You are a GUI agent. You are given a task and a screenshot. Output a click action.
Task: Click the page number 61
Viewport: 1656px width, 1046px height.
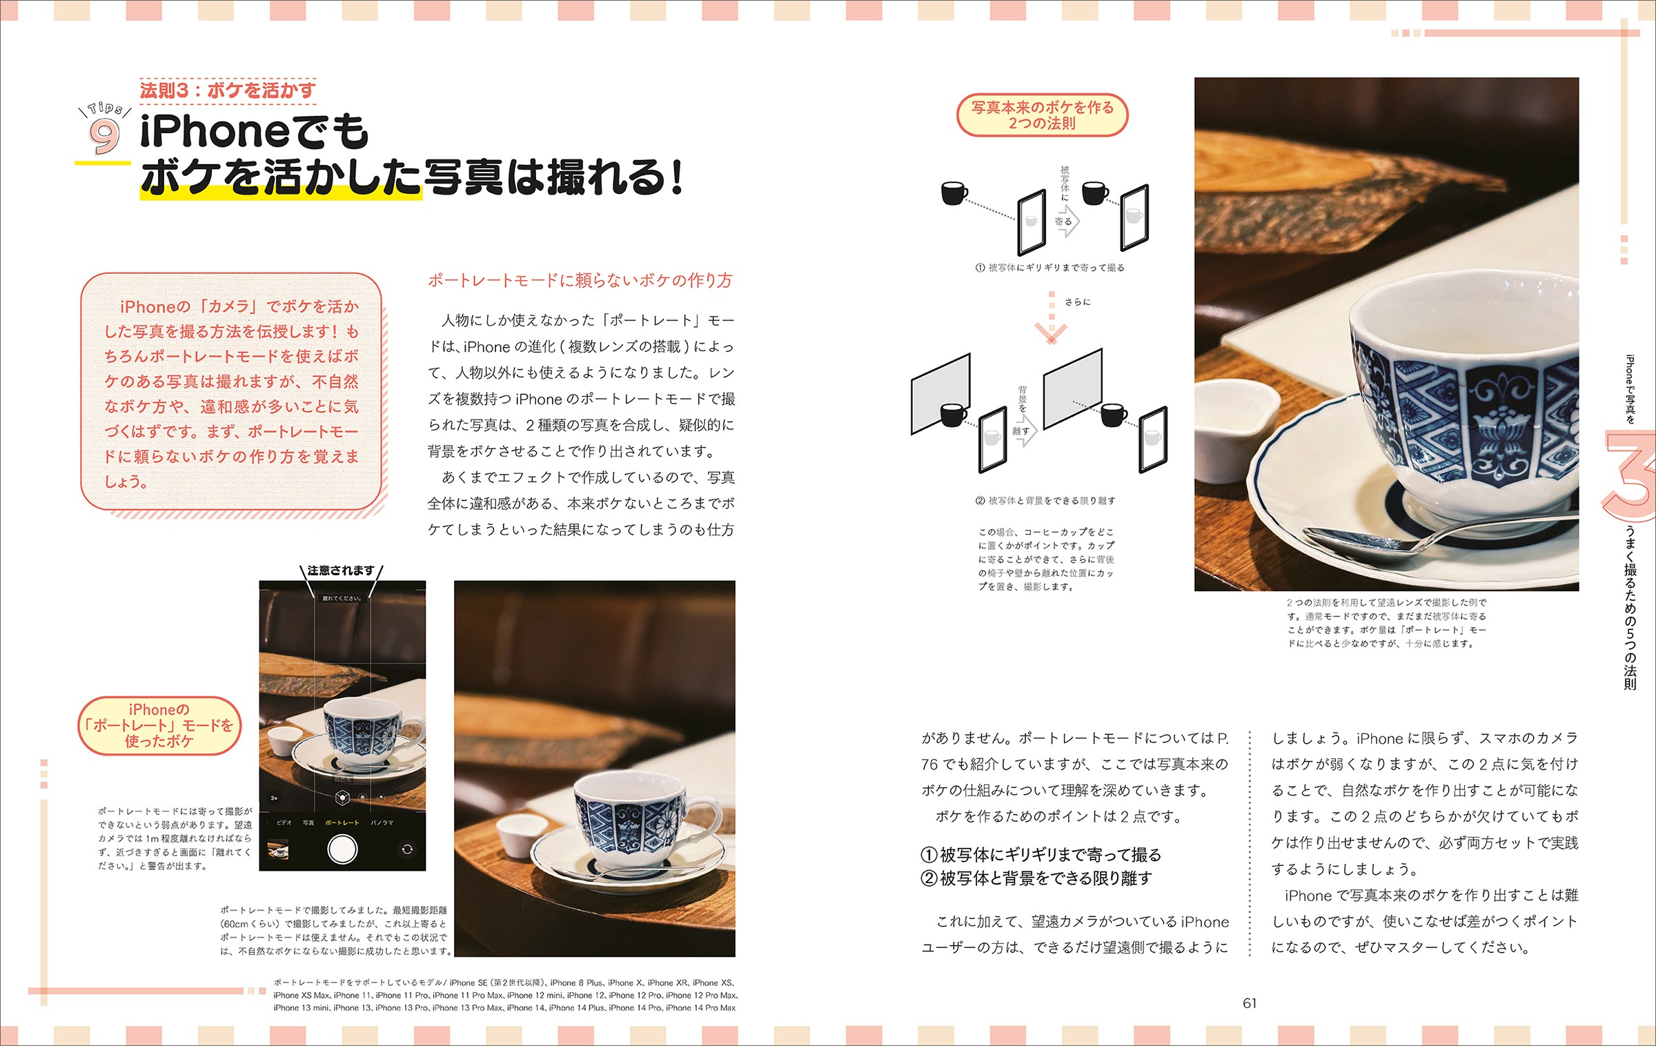(1250, 1003)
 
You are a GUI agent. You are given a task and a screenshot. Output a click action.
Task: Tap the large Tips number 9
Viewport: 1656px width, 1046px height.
(104, 136)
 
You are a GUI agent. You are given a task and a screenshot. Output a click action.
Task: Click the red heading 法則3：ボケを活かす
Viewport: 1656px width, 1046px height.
(228, 90)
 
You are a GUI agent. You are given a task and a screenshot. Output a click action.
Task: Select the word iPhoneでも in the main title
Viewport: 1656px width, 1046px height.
(255, 131)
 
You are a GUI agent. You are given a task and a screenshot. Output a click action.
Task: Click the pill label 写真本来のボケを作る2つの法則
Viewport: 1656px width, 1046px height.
(1042, 115)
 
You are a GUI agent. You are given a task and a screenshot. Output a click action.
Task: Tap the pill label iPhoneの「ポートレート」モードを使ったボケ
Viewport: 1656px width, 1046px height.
(159, 725)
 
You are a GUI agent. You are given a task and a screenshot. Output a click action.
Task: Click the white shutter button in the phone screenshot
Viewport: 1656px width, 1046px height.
(342, 849)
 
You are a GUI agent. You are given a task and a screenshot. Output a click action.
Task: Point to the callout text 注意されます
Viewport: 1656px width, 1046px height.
(341, 571)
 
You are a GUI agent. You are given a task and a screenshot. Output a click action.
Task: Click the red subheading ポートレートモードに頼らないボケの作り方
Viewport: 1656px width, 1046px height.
(580, 280)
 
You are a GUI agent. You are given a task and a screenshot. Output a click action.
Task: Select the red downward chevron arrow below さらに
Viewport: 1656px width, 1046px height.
(1051, 333)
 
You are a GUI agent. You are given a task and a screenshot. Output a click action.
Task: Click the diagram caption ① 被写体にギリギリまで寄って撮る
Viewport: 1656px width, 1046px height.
(1049, 268)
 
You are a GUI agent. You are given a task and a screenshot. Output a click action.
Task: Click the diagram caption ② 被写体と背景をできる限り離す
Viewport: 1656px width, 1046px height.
(1045, 501)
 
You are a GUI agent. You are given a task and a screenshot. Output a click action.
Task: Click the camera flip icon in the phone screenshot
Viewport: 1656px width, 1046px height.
(407, 849)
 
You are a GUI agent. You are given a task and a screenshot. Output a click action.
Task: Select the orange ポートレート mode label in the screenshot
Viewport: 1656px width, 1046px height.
(342, 822)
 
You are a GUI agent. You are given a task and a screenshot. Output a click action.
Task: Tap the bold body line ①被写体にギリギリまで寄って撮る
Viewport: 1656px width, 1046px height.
(1041, 855)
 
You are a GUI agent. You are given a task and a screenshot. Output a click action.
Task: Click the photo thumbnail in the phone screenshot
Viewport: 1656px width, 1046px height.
(278, 849)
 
